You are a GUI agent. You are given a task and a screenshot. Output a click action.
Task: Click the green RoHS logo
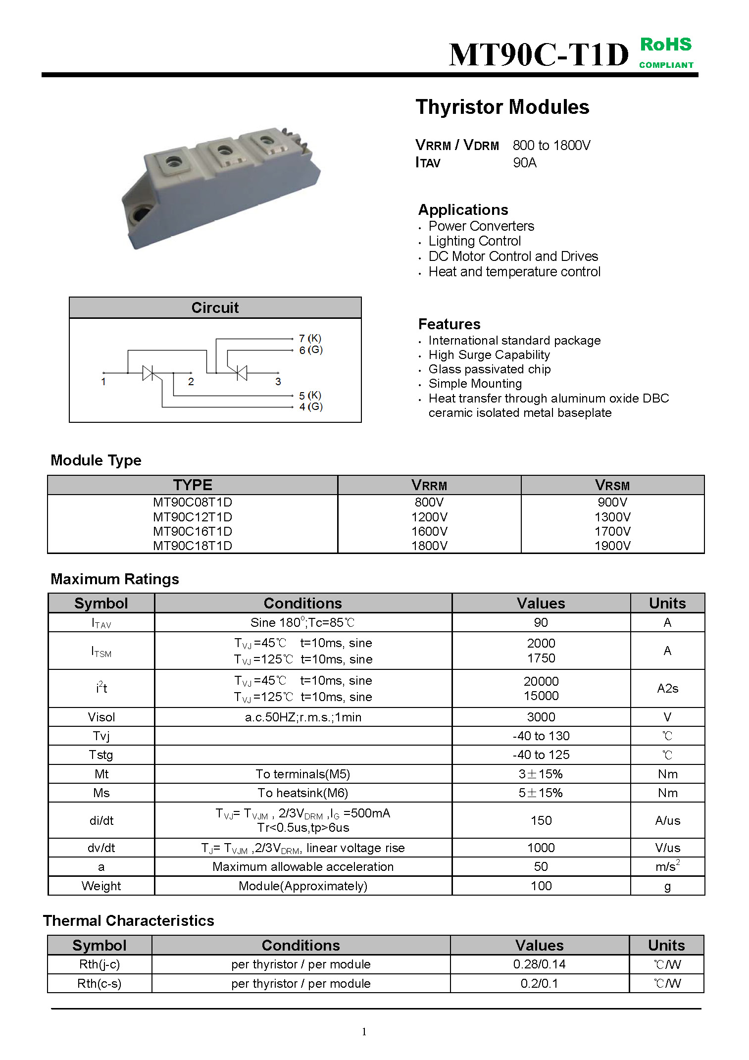coord(666,52)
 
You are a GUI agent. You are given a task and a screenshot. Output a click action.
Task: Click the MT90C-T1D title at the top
coord(539,54)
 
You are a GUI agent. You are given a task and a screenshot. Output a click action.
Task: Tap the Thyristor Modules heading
coord(502,107)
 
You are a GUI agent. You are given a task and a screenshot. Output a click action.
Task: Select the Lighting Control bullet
coord(474,241)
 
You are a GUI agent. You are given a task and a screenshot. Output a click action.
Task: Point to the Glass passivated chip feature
coord(489,369)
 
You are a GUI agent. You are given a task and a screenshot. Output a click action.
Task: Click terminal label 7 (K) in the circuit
coord(310,338)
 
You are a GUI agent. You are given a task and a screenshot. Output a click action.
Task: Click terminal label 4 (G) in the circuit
coord(310,406)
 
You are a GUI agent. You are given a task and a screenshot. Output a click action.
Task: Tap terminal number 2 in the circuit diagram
coord(191,382)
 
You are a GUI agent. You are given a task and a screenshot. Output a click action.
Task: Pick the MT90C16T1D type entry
coord(192,531)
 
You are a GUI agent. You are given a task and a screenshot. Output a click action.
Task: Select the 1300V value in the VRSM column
coord(612,517)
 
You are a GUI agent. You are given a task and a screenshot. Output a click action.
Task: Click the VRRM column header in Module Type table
coord(429,485)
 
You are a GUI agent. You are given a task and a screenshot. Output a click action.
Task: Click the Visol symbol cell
coord(101,717)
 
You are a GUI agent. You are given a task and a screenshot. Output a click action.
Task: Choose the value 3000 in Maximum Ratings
coord(541,717)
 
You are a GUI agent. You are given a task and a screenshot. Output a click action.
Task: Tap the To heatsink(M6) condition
coord(302,793)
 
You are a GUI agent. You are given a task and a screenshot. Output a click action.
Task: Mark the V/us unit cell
coord(667,848)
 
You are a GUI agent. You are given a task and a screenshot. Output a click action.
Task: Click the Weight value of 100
coord(541,886)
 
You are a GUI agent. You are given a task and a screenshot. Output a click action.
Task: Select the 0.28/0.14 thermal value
coord(539,964)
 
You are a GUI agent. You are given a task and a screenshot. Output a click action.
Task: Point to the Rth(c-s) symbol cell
coord(99,983)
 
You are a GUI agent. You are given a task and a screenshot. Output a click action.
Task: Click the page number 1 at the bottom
coord(364,1031)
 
